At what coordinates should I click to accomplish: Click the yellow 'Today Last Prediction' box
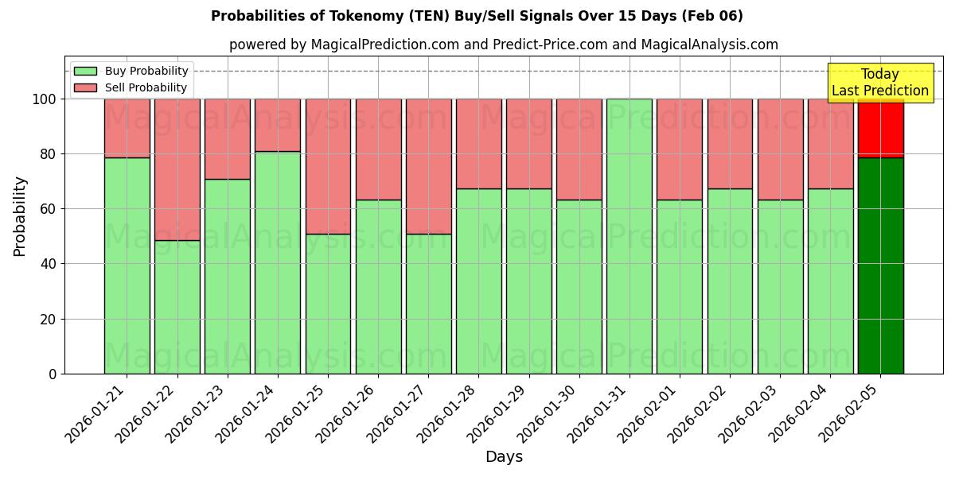[879, 83]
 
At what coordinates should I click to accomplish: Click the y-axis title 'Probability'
[20, 216]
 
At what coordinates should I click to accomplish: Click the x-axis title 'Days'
[504, 457]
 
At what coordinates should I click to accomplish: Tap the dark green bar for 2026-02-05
[880, 266]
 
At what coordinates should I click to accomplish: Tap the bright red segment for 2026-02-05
[880, 128]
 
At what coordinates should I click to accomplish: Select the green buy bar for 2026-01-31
[629, 236]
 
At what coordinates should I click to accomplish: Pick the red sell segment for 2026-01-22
[177, 169]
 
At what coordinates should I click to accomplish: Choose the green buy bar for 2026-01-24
[277, 262]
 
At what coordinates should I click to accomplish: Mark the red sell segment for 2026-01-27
[428, 166]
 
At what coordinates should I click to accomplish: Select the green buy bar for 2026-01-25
[328, 304]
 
